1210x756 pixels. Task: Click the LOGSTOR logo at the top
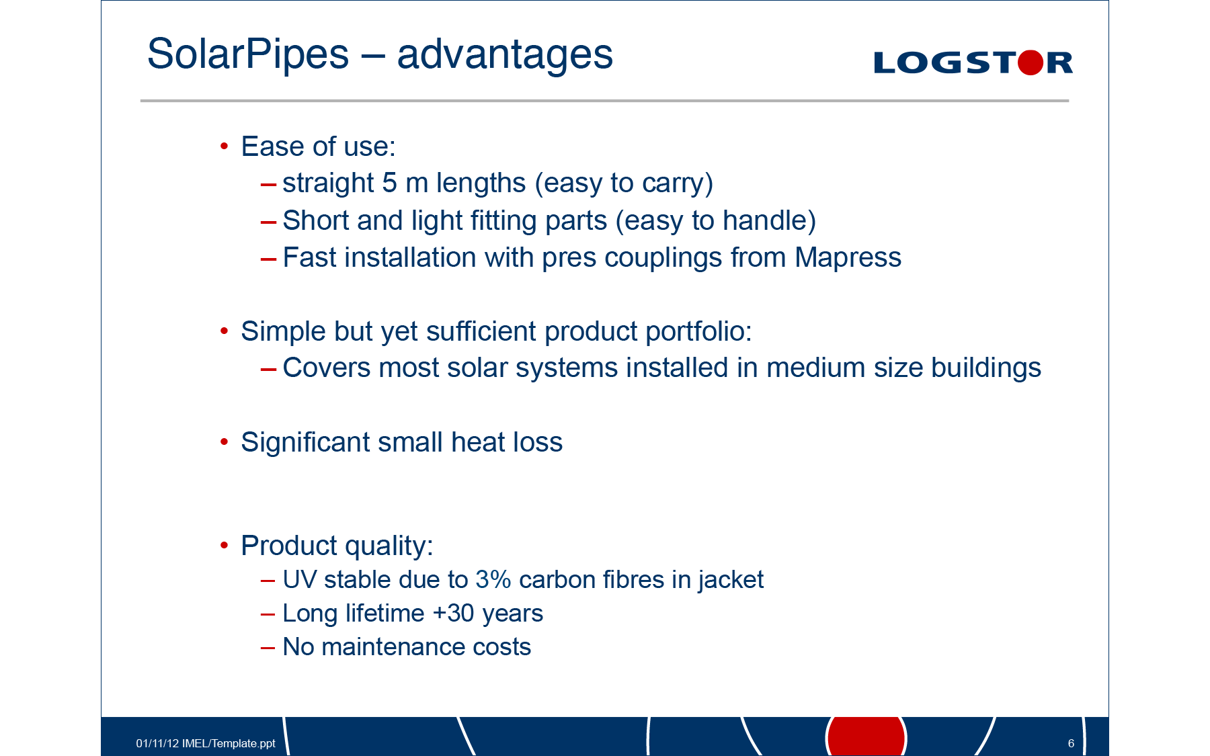(973, 62)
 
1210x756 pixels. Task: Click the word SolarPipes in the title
(248, 55)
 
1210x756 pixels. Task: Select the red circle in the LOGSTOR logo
(1031, 62)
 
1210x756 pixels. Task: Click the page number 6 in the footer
(1071, 743)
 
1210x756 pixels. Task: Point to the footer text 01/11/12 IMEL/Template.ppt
(206, 743)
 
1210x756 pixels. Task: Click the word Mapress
(848, 258)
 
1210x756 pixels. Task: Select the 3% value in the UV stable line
(493, 579)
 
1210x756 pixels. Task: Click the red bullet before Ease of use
(225, 146)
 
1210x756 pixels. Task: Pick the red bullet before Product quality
(225, 545)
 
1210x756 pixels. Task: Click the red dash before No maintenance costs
(268, 648)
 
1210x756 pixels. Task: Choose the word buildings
(986, 368)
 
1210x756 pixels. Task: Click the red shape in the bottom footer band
(866, 736)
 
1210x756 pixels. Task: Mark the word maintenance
(393, 646)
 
